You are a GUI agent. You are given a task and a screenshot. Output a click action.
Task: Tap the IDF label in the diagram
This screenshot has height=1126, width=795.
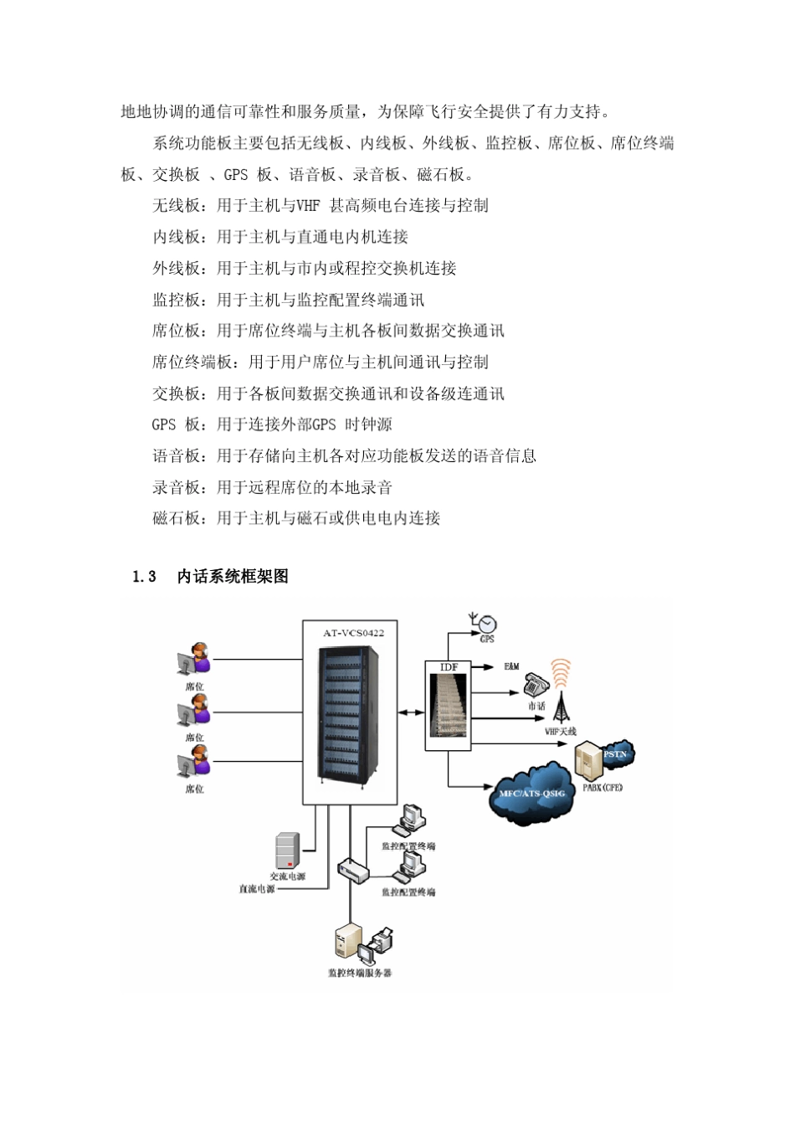(449, 667)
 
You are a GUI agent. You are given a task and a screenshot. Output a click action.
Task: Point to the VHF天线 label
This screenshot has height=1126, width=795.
(561, 731)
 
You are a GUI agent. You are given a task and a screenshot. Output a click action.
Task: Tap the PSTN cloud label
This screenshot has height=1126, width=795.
(615, 754)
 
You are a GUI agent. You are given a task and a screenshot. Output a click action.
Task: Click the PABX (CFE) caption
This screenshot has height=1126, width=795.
(603, 787)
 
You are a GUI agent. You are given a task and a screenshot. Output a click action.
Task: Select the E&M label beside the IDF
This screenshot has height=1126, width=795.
(511, 666)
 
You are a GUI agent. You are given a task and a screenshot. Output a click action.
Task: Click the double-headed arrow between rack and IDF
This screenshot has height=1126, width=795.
(411, 712)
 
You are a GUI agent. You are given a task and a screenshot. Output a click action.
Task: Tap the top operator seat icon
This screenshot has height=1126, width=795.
(194, 660)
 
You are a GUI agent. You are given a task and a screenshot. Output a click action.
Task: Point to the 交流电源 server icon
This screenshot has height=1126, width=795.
(287, 851)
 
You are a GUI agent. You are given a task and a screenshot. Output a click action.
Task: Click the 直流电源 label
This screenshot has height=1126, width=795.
(257, 889)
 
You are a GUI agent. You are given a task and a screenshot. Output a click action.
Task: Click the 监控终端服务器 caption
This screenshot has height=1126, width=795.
(360, 973)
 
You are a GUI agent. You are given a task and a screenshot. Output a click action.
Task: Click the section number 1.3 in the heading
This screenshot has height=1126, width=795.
(145, 577)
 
